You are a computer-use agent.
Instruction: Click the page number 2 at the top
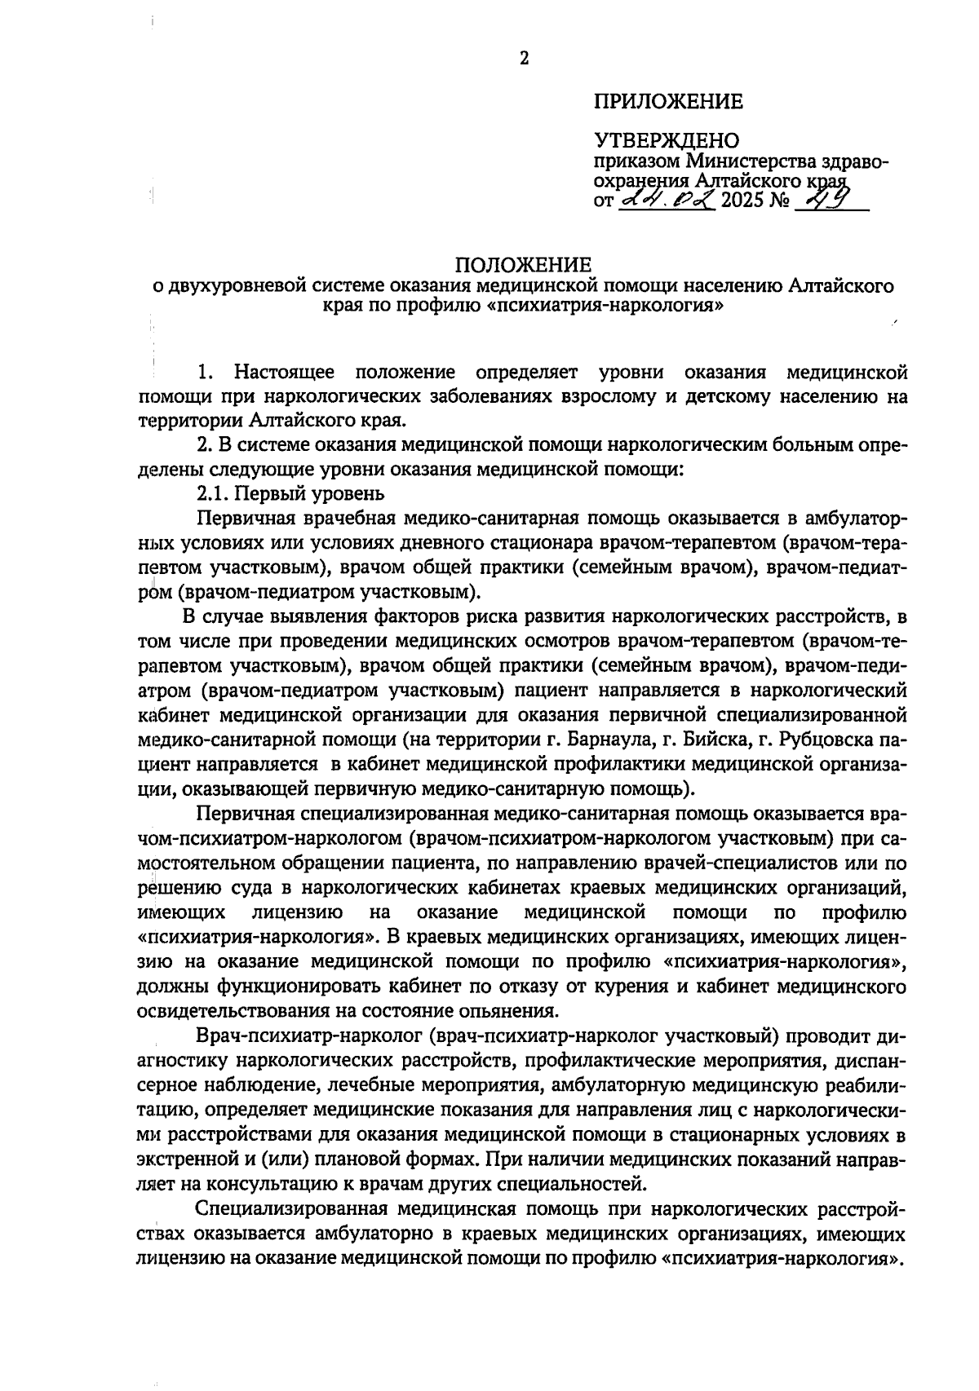pos(523,59)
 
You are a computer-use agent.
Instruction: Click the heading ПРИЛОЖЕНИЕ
pos(668,102)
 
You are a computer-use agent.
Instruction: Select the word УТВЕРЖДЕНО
pos(667,141)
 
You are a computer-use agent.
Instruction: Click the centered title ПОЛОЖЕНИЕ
pos(522,266)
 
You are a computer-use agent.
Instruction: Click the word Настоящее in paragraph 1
pos(285,373)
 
